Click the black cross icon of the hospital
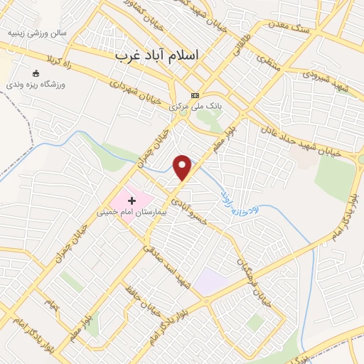(132, 201)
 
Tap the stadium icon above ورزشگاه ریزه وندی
(36, 73)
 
